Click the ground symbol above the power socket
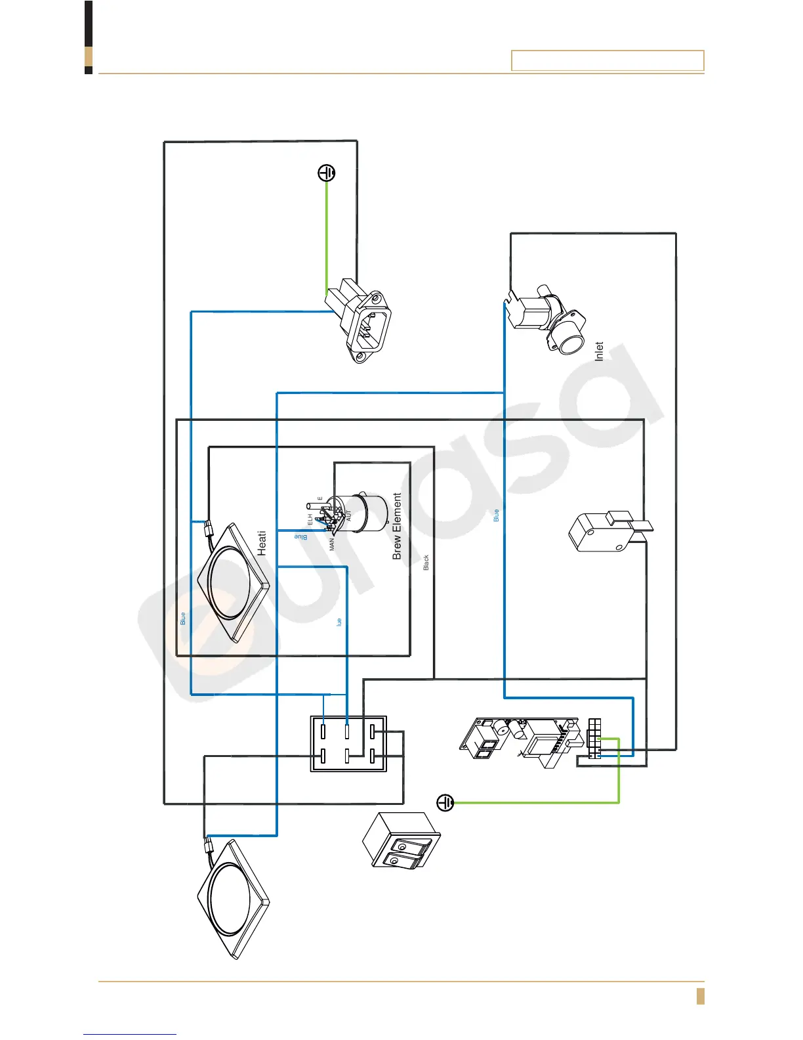[327, 173]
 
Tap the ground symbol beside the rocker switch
[445, 802]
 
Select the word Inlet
[598, 351]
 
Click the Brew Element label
[397, 526]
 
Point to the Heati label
[262, 543]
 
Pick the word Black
[426, 562]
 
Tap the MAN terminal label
[332, 544]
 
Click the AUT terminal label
[349, 515]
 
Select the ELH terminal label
[310, 519]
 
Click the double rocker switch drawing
[401, 841]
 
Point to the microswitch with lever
[604, 532]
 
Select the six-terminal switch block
[348, 744]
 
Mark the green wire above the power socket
[327, 236]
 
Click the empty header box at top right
[607, 60]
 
